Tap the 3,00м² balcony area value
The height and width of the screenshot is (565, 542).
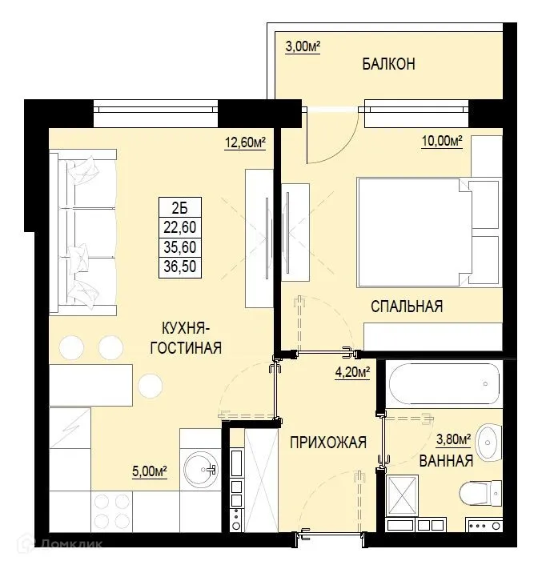pyautogui.click(x=303, y=47)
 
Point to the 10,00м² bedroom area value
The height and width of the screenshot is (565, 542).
pyautogui.click(x=443, y=143)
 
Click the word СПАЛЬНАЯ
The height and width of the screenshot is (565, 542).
pyautogui.click(x=407, y=306)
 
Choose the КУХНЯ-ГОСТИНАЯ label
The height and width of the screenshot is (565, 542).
pyautogui.click(x=191, y=338)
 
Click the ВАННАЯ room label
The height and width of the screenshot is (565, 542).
pyautogui.click(x=446, y=461)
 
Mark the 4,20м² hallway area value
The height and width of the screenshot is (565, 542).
pyautogui.click(x=351, y=372)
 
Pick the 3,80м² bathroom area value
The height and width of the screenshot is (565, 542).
pyautogui.click(x=454, y=439)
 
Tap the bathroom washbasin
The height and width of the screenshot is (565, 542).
pyautogui.click(x=488, y=439)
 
